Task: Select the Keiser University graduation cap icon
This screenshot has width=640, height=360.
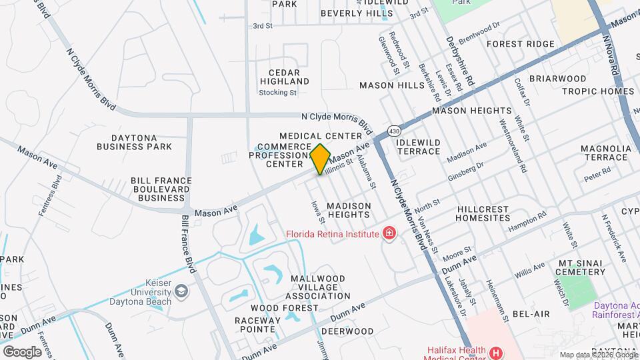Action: click(181, 291)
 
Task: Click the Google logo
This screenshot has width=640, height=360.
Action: click(22, 351)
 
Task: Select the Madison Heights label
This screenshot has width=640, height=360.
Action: click(348, 210)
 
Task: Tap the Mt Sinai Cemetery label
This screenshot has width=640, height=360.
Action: click(582, 267)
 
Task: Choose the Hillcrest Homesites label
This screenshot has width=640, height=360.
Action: click(493, 213)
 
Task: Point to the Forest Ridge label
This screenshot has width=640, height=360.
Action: click(520, 44)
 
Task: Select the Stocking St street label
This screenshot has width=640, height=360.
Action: click(277, 93)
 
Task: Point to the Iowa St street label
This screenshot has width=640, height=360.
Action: click(318, 211)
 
